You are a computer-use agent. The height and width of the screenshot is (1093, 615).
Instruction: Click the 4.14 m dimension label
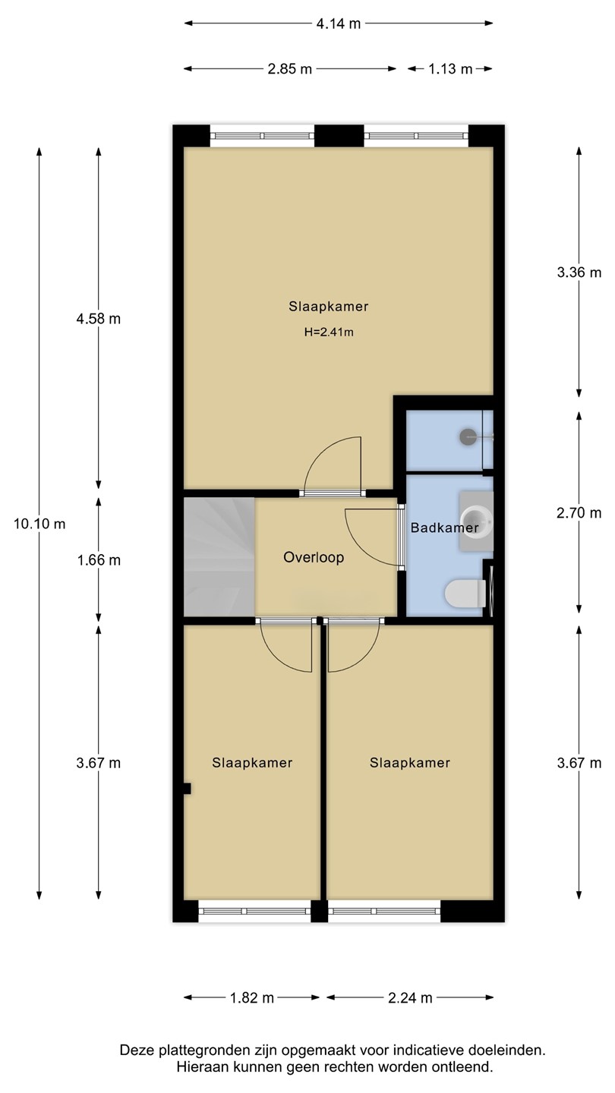pyautogui.click(x=339, y=24)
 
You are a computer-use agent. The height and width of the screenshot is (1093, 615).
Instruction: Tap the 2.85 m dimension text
pyautogui.click(x=289, y=69)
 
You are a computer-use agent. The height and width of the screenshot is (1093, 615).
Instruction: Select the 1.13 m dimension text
pyautogui.click(x=450, y=69)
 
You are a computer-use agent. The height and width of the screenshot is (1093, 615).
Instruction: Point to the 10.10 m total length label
pyautogui.click(x=39, y=524)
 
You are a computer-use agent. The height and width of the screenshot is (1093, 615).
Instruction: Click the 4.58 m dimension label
pyautogui.click(x=98, y=319)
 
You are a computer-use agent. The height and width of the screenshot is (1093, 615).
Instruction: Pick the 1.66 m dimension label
pyautogui.click(x=99, y=560)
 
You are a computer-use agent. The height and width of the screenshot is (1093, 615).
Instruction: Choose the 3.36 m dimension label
pyautogui.click(x=579, y=272)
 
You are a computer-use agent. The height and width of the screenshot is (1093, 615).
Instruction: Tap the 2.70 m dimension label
pyautogui.click(x=579, y=513)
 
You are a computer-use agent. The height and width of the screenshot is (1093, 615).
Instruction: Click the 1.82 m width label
pyautogui.click(x=252, y=998)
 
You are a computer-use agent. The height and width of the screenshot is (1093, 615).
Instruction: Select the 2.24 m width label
pyautogui.click(x=410, y=998)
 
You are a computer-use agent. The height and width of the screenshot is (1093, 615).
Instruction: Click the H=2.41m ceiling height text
pyautogui.click(x=329, y=332)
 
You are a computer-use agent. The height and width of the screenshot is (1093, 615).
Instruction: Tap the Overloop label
pyautogui.click(x=314, y=557)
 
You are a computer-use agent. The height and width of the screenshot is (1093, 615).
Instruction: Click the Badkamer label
pyautogui.click(x=445, y=528)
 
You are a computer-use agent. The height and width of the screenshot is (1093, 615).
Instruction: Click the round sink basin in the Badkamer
pyautogui.click(x=474, y=521)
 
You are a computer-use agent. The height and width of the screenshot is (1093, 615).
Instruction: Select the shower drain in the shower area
pyautogui.click(x=468, y=436)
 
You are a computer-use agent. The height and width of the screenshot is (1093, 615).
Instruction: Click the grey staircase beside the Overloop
pyautogui.click(x=219, y=557)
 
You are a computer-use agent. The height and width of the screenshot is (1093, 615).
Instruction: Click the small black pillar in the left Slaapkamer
pyautogui.click(x=187, y=789)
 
